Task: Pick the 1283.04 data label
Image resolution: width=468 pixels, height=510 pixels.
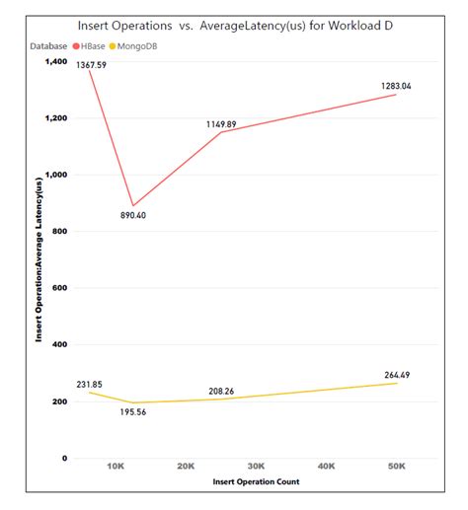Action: (396, 87)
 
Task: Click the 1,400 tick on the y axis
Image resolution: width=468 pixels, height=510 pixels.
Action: (54, 61)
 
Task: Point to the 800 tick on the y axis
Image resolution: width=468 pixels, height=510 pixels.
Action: (59, 231)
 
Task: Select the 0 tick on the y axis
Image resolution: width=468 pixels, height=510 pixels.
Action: (65, 458)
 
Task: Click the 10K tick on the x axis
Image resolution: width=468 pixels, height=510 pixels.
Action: (115, 465)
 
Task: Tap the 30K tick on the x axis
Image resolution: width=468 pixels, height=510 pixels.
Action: (256, 465)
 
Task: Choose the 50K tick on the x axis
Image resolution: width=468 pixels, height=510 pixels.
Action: (396, 465)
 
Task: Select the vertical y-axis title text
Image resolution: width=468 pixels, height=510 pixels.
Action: (39, 259)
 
